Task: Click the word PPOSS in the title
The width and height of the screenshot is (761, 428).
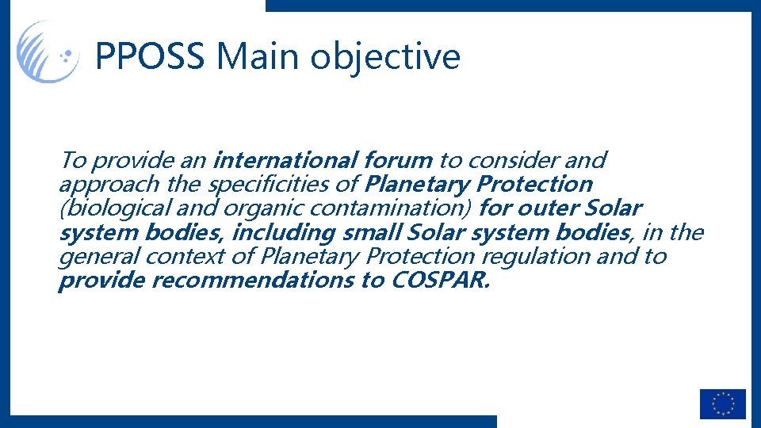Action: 151,57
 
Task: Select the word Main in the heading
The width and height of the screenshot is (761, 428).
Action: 258,57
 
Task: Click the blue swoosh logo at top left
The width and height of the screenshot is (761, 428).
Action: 48,52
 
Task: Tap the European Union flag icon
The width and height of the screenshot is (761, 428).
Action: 722,403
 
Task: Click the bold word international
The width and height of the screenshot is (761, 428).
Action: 285,160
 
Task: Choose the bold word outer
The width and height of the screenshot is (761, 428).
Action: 549,209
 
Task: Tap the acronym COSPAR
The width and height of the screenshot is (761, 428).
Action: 441,281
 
